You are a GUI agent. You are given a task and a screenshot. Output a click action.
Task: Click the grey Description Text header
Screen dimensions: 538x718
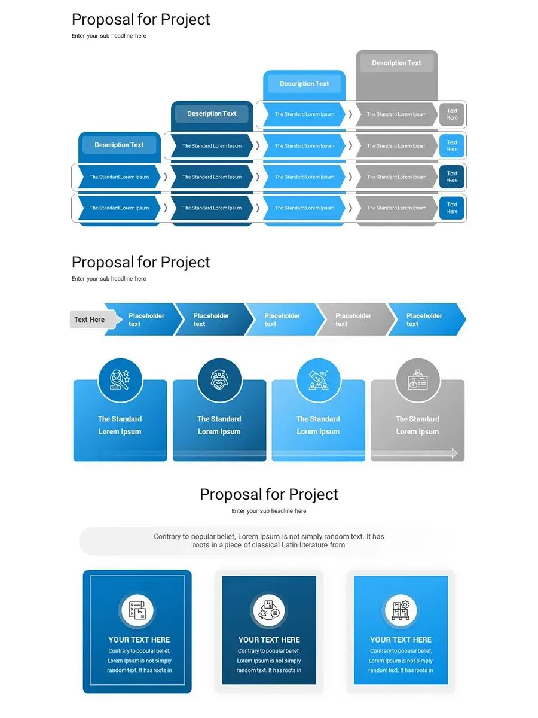click(x=396, y=63)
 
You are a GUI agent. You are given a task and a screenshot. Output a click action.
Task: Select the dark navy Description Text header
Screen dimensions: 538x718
click(x=212, y=114)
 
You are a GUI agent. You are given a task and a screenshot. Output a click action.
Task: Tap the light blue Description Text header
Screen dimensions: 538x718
click(x=304, y=84)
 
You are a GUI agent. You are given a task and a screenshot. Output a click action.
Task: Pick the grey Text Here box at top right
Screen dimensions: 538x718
click(x=452, y=114)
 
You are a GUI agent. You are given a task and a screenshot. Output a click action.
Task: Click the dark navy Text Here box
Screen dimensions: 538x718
click(x=452, y=177)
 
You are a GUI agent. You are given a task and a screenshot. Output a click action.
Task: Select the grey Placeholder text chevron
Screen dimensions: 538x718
click(x=353, y=320)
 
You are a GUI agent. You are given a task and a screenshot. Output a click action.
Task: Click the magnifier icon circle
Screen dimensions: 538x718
click(x=120, y=380)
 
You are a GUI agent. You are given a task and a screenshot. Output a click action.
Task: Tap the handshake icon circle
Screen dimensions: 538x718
click(x=219, y=380)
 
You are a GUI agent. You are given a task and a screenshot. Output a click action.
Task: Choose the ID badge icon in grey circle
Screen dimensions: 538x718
click(x=418, y=380)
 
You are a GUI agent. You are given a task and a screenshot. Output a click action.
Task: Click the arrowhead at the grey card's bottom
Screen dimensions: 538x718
click(x=454, y=454)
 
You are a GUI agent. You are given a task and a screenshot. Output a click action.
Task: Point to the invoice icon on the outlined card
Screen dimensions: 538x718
click(x=137, y=611)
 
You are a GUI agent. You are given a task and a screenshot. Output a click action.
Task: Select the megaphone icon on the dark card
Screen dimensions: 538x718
click(x=269, y=611)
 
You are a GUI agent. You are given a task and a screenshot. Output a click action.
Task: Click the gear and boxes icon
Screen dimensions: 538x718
click(x=401, y=611)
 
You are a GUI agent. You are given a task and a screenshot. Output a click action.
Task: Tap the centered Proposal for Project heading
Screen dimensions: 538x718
click(x=269, y=495)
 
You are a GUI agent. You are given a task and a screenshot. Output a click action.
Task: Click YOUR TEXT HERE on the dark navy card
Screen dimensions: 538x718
click(x=269, y=640)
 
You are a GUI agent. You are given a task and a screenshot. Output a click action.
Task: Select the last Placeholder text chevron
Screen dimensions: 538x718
click(x=424, y=320)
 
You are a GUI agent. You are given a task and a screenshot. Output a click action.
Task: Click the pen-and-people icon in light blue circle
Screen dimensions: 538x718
click(x=319, y=380)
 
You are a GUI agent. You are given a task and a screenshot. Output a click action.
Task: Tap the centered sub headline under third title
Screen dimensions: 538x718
click(x=269, y=511)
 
